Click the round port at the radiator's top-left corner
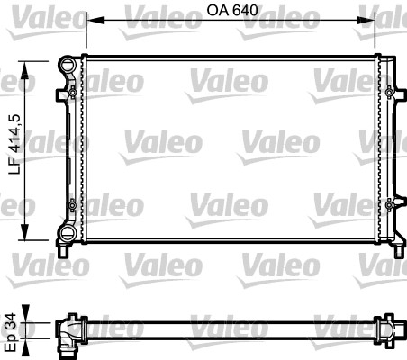tap(67, 64)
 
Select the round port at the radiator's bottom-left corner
tap(67, 234)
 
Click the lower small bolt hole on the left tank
tap(73, 206)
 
